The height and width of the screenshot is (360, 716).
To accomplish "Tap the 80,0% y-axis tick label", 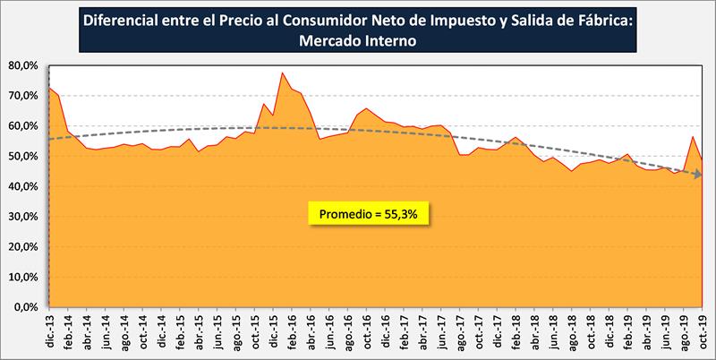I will coord(23,65).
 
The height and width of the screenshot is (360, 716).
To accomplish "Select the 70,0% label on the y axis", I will coord(23,96).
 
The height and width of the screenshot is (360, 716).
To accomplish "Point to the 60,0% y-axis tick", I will coord(23,126).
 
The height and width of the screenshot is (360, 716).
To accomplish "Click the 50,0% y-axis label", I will coord(23,157).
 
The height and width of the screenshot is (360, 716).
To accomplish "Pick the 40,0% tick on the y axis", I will coord(23,186).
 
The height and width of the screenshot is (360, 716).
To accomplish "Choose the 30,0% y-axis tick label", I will coord(23,217).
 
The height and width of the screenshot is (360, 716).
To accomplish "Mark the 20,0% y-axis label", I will coord(23,247).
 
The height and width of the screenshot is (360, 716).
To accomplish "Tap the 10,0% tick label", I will coord(23,278).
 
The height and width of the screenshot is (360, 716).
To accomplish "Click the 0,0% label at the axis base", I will coord(26,307).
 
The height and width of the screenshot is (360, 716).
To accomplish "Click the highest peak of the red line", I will coord(282,73).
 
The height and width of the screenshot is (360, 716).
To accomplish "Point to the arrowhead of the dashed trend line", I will coord(697,175).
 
